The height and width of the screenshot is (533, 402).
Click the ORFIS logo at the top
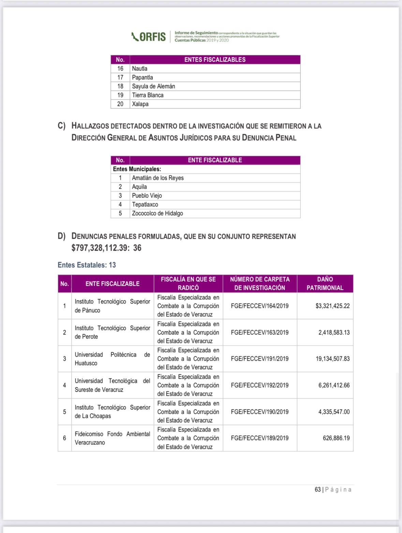tap(149, 36)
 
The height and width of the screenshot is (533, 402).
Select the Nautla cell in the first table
tap(140, 68)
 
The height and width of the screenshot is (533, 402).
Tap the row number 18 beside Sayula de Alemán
tap(120, 86)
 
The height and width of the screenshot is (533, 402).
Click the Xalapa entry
tap(140, 104)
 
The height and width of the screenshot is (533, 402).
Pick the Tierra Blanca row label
tap(148, 95)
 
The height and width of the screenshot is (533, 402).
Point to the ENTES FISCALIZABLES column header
tap(215, 60)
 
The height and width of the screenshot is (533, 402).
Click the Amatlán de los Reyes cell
tap(158, 178)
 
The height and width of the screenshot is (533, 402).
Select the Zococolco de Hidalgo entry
tap(158, 213)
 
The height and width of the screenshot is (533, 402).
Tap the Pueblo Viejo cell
tap(147, 195)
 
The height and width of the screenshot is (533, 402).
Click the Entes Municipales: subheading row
tap(137, 169)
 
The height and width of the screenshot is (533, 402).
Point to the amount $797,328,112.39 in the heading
tap(99, 248)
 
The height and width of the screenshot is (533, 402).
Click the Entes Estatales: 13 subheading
tap(87, 265)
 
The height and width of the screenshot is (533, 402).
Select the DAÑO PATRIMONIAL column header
tap(325, 283)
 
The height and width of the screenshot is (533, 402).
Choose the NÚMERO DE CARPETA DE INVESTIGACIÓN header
tap(260, 283)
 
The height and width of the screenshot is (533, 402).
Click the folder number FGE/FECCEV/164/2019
tap(259, 306)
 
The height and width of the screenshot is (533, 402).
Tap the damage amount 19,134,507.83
tap(332, 359)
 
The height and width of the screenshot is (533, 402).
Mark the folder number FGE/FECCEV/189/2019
tap(259, 438)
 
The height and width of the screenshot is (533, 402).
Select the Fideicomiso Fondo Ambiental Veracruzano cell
tap(113, 438)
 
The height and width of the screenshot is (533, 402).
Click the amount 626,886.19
tap(336, 438)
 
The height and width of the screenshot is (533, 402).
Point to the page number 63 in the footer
tap(317, 489)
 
